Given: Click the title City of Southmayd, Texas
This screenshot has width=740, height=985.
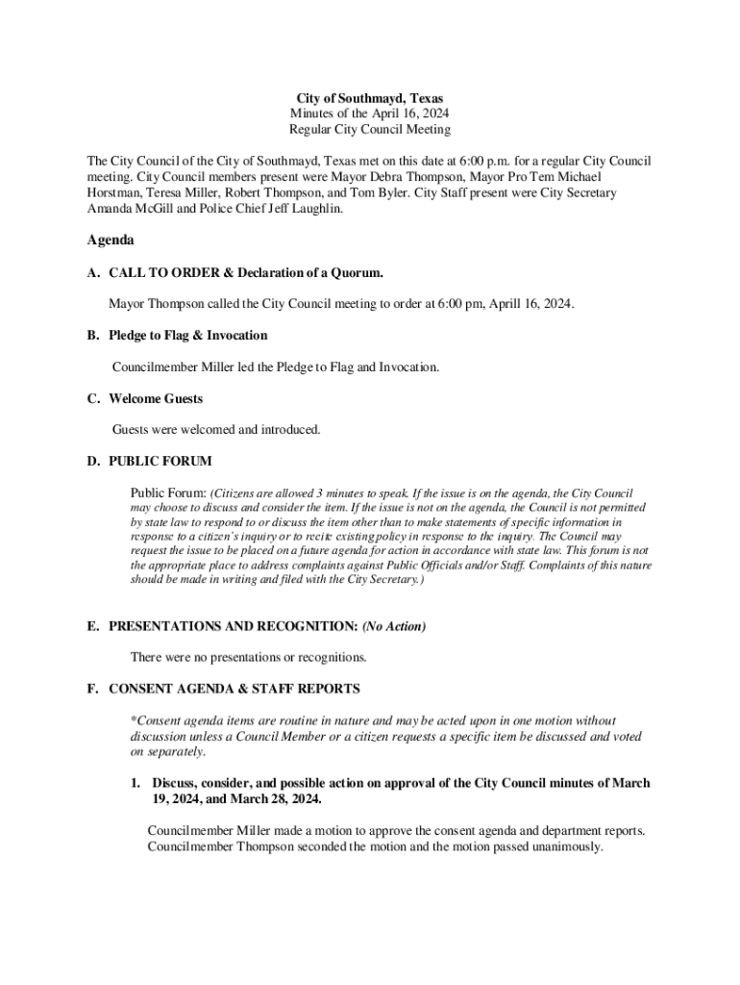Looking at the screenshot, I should [369, 98].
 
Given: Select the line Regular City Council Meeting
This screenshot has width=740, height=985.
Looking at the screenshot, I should [369, 129].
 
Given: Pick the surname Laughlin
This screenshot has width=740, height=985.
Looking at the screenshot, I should [311, 209].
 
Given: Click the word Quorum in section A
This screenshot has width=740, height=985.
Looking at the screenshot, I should [366, 273].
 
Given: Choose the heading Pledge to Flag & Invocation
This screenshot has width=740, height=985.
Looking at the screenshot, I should [188, 336].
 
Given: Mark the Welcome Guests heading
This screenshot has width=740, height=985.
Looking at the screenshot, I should [156, 398].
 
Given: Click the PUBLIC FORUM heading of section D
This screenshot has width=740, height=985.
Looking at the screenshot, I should [160, 462].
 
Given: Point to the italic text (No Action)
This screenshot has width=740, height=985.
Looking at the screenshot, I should [394, 626].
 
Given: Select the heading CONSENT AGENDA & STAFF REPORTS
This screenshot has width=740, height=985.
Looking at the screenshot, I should [234, 689].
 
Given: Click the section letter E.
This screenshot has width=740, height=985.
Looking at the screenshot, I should [92, 626].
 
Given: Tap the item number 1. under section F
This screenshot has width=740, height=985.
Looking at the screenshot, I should [136, 783].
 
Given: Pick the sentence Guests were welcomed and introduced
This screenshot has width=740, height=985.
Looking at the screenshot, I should [216, 429].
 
